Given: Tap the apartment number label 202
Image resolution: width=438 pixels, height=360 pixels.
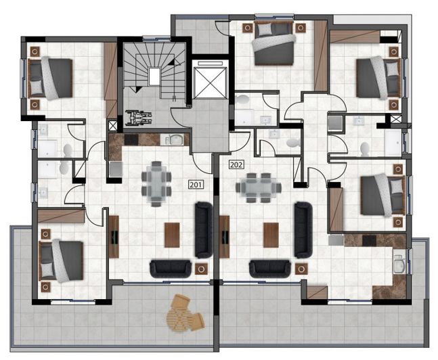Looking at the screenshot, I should coord(236,164).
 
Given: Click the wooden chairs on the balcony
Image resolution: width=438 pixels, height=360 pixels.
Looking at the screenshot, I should coord(185,312).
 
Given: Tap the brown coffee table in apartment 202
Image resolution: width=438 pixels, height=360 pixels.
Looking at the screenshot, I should coord(271,235).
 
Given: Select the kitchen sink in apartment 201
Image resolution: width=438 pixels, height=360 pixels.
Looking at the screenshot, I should coord(175,140).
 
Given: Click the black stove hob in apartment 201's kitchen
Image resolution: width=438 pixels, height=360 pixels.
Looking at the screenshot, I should coord(131,140).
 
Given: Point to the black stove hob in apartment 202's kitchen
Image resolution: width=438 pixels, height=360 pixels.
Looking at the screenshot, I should coord(369,240).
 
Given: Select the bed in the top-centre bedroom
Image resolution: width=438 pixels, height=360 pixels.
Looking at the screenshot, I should coord(273,44).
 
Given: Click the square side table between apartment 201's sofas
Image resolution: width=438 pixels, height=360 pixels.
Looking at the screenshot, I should coord(201,269).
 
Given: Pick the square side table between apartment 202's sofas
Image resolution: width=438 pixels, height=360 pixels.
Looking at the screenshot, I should coord(301,269).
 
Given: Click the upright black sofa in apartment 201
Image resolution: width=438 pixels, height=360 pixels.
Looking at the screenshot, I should coord(203,229).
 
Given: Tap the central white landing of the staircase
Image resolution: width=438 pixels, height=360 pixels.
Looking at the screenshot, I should coord(154,74).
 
